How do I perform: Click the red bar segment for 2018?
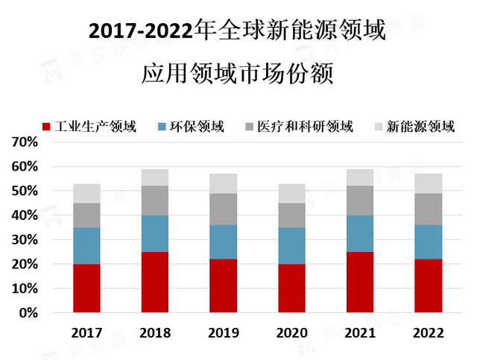pos(154,282)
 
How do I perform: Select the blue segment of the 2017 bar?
pos(86,246)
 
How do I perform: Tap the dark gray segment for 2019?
pos(223,209)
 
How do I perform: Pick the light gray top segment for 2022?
pos(428,183)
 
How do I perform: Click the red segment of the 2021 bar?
pos(359,282)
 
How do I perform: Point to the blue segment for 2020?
pos(291,246)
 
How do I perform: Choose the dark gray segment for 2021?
pos(359,200)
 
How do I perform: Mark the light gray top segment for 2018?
pos(154,177)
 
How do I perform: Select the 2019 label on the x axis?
pos(223,332)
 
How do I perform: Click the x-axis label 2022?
pos(428,332)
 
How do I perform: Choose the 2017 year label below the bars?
pos(86,332)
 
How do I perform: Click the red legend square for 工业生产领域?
pos(48,127)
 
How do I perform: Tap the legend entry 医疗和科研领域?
pos(305,127)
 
